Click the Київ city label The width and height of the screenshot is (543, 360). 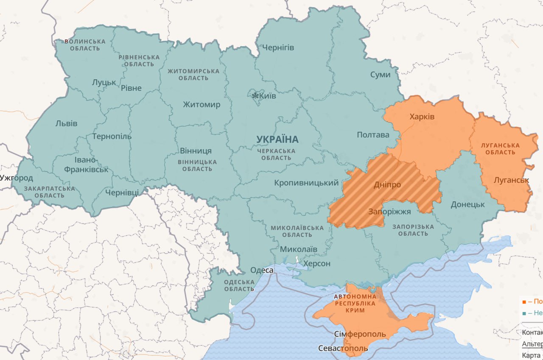[267, 96]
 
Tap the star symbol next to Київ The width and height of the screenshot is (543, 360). [255, 96]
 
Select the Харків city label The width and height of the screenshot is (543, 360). [422, 117]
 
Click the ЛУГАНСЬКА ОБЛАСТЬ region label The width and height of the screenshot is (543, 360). [500, 149]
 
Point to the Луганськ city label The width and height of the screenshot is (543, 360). [511, 180]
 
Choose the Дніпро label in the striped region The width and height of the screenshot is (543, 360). [387, 185]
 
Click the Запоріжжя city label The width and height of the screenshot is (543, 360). [389, 212]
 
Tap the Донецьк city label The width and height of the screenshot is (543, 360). [467, 204]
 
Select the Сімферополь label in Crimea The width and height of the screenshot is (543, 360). [360, 334]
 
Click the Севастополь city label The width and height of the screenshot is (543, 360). [343, 349]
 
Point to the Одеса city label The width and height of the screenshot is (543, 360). [262, 270]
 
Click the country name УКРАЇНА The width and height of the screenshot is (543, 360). [277, 140]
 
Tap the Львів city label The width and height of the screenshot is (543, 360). [66, 124]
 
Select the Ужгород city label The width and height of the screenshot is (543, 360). [17, 178]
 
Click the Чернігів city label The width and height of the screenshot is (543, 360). [278, 47]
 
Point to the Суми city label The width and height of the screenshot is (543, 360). [380, 75]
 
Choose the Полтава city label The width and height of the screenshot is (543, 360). [373, 135]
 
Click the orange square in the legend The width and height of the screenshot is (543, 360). [524, 302]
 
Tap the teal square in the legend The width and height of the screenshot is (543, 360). [524, 313]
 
